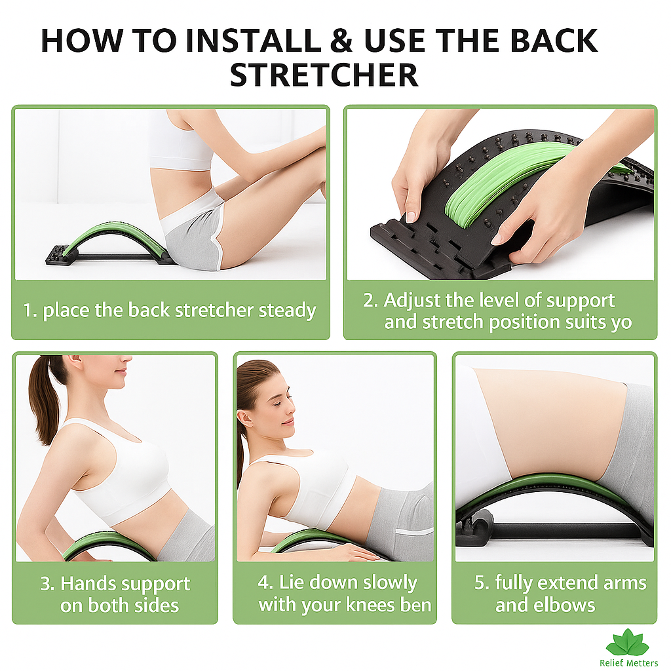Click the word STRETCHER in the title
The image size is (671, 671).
point(324,75)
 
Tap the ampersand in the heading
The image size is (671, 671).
point(341,41)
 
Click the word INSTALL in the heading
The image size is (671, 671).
point(253,41)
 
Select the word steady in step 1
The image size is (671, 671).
point(287,311)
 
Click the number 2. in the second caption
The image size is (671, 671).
point(371,300)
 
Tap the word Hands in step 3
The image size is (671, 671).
point(85,583)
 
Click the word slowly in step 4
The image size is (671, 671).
point(391,583)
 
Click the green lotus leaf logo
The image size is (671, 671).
point(628,643)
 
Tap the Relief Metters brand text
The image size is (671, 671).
point(628,663)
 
